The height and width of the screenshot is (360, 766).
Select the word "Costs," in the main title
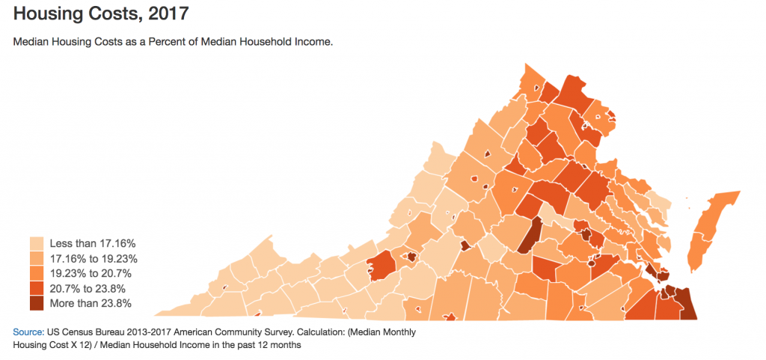click(x=111, y=14)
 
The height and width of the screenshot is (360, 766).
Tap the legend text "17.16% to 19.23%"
click(x=93, y=258)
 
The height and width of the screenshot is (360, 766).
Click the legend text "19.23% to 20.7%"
click(x=90, y=273)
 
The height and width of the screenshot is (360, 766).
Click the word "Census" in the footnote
click(x=79, y=331)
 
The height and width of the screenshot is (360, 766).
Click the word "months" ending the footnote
click(x=285, y=345)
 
